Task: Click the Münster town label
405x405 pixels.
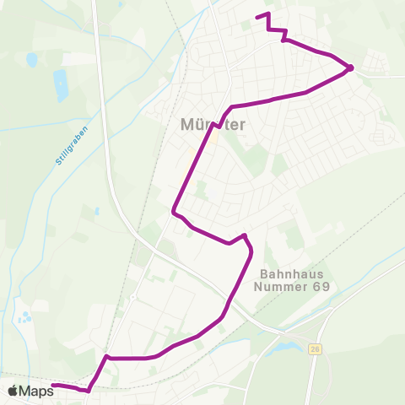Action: coord(213,124)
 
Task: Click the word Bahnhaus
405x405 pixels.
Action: coord(293,274)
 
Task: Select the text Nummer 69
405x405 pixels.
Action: coord(294,286)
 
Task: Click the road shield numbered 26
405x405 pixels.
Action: coord(315,348)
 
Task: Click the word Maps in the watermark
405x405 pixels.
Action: coord(36,391)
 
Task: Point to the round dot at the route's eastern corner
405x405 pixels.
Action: coord(350,67)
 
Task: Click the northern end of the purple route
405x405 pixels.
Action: coord(256,16)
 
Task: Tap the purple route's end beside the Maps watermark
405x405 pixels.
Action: coord(53,386)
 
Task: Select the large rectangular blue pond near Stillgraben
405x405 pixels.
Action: coord(61,84)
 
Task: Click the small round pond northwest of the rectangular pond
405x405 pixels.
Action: coord(31,60)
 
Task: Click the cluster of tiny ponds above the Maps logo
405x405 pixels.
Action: coord(25,318)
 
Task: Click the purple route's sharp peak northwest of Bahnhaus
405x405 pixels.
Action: coord(244,235)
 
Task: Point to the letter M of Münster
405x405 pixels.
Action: coord(188,124)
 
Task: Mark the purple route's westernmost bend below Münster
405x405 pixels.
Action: coord(174,211)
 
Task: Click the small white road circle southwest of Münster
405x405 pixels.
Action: coord(132,297)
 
